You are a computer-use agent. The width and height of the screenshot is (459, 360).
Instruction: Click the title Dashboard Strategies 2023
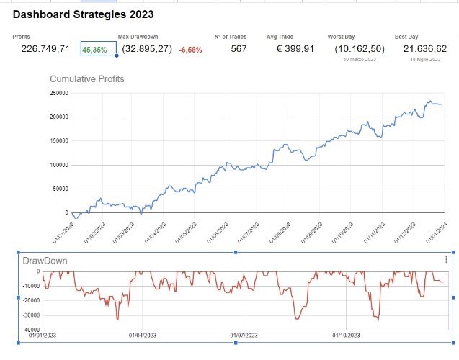tap(83, 14)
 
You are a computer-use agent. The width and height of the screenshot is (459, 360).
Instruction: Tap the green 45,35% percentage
tap(96, 50)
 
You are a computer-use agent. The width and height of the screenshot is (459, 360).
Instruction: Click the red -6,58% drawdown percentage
tap(190, 50)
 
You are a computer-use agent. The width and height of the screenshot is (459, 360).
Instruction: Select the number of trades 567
tap(239, 49)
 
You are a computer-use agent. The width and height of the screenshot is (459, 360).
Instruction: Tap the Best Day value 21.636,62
tap(425, 49)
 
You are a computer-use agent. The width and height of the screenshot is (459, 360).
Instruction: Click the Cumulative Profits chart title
tap(86, 78)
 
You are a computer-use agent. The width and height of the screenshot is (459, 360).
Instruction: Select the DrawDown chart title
tap(45, 261)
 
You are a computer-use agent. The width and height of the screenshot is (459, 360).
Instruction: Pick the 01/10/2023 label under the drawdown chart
tap(346, 335)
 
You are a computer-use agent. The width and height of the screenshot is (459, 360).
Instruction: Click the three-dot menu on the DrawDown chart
tap(447, 259)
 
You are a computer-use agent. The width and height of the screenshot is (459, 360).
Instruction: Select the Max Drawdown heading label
tap(138, 36)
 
